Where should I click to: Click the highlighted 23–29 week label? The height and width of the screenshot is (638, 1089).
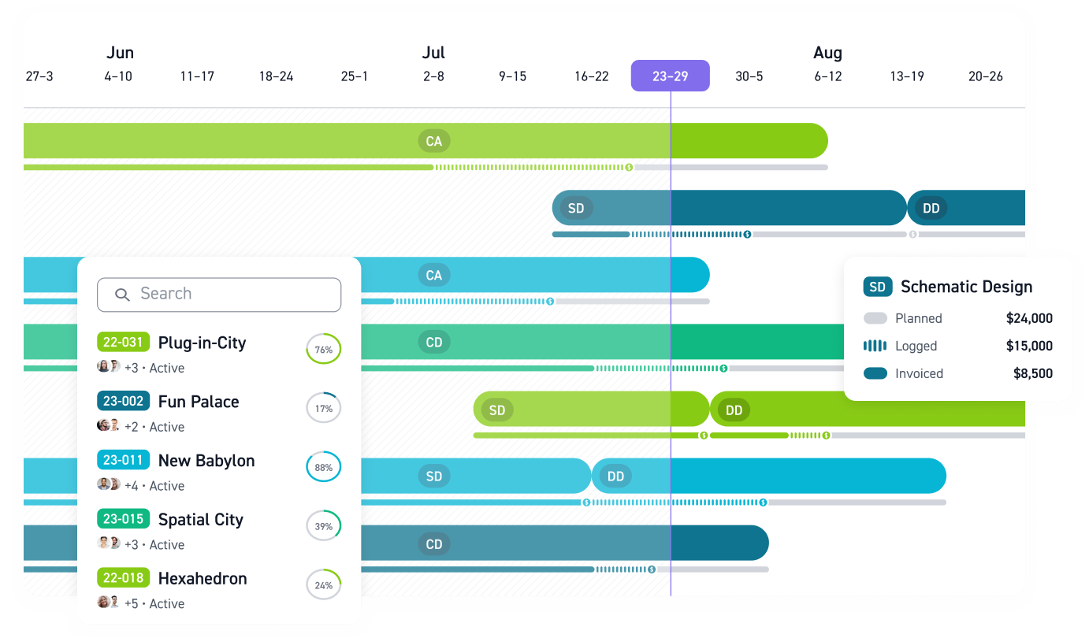670,76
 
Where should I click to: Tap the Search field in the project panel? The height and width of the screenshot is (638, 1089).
219,295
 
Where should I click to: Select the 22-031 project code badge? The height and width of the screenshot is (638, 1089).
123,343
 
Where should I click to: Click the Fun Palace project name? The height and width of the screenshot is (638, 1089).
199,402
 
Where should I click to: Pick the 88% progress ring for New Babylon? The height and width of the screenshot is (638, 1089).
323,467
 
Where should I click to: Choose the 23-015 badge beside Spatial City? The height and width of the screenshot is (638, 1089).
123,519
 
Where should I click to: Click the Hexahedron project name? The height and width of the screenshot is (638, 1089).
203,578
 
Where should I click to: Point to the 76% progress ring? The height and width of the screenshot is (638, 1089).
323,349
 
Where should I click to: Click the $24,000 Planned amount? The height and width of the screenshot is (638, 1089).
1029,318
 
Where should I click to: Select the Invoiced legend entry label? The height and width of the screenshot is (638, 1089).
919,373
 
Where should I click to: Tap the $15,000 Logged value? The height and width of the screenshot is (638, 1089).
1029,346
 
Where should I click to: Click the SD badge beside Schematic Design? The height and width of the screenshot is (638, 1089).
877,287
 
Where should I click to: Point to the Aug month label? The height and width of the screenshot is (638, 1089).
827,53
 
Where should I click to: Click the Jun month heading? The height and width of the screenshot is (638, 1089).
120,53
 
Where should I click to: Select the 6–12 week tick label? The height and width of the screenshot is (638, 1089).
827,76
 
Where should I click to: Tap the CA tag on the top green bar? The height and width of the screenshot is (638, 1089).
433,142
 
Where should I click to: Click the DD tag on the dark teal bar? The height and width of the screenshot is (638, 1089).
931,209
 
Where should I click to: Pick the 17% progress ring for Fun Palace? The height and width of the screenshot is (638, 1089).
323,408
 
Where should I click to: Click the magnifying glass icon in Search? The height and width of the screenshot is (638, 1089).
122,295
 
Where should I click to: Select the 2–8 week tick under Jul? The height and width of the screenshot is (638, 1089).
433,76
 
